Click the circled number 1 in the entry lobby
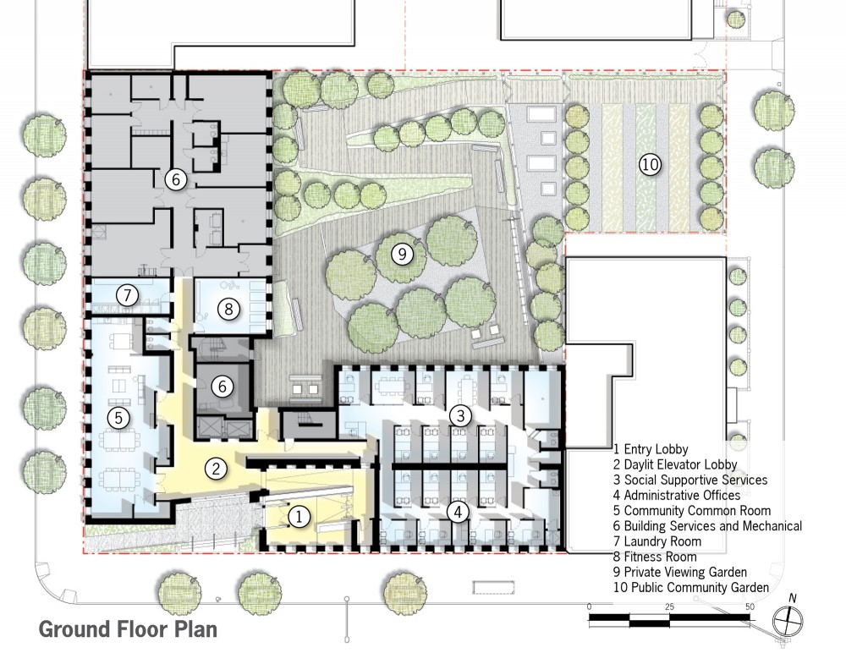pos(299,517)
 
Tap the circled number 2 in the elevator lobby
pos(217,469)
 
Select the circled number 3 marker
pos(460,415)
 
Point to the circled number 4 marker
pos(458,512)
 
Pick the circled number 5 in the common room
pos(118,418)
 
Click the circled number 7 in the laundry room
pos(128,295)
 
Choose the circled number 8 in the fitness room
pos(228,309)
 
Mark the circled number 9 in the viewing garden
pos(402,253)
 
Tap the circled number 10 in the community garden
pos(650,164)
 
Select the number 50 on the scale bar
pos(750,606)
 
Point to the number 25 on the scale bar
pos(669,606)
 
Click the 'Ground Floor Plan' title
pos(128,629)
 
